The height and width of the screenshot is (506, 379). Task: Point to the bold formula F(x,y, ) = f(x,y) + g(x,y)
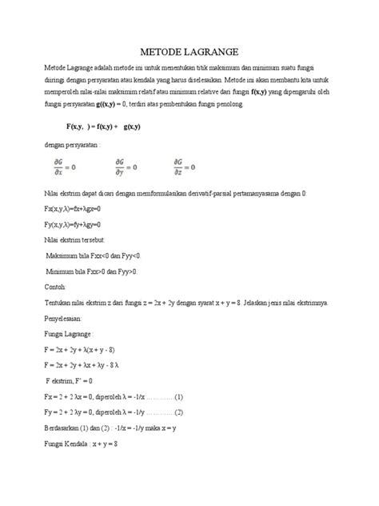point(114,127)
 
